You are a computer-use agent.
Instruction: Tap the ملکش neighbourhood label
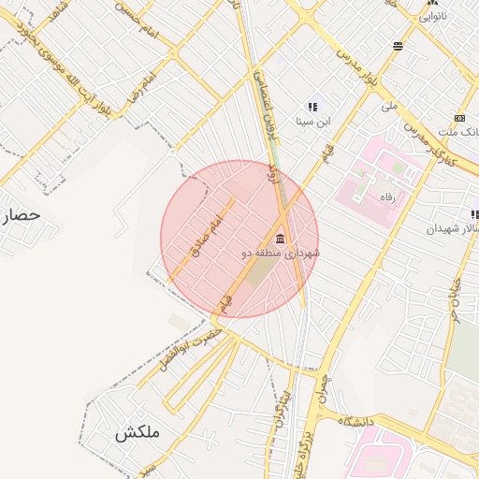(138, 433)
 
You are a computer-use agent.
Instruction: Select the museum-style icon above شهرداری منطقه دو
(281, 238)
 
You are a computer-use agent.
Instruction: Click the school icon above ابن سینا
(312, 107)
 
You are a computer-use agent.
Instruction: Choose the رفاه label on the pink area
(386, 196)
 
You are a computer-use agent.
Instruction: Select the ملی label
(390, 107)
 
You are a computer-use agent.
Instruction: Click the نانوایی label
(431, 16)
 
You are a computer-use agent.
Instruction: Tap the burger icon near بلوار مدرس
(399, 45)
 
